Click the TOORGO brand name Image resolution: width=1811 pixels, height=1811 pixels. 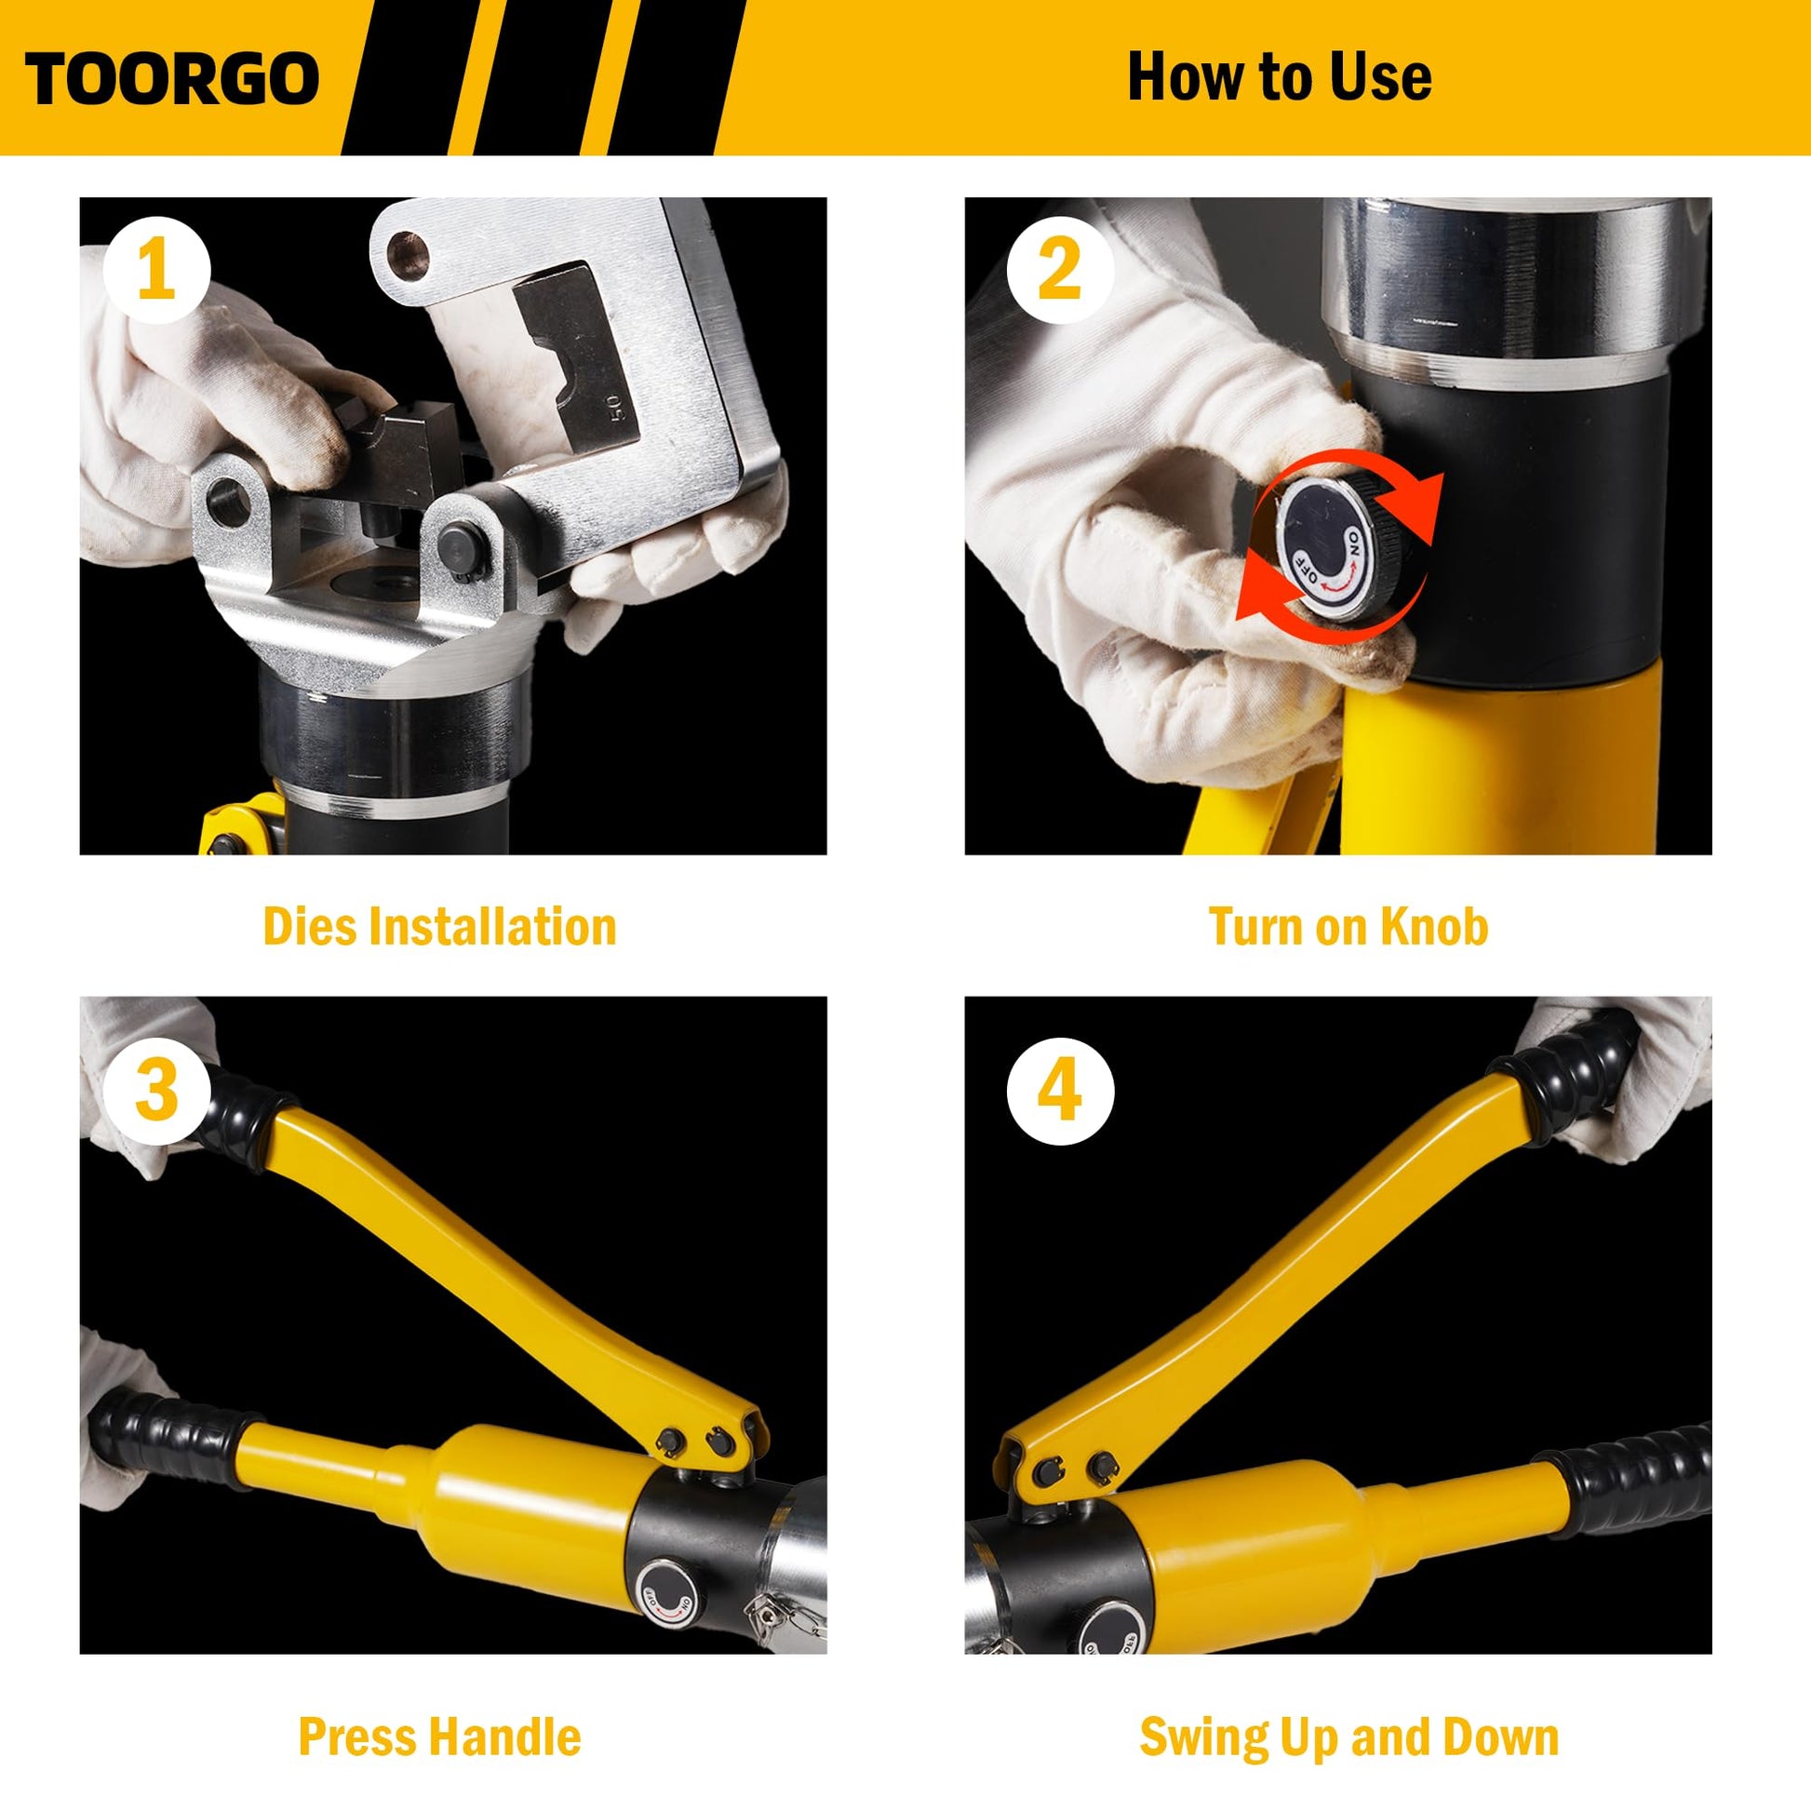172,79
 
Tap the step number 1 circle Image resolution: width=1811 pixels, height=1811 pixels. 156,271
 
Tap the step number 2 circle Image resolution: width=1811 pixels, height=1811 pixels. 1060,271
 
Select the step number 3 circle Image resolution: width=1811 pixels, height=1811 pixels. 156,1090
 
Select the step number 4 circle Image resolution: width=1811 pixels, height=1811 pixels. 1060,1090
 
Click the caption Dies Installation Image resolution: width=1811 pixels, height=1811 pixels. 439,926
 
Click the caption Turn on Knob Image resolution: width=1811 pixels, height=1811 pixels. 1348,926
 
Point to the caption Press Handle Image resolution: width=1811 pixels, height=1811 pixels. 439,1736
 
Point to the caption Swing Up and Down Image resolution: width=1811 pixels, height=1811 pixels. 1348,1737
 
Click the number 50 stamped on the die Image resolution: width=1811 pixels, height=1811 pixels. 614,407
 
